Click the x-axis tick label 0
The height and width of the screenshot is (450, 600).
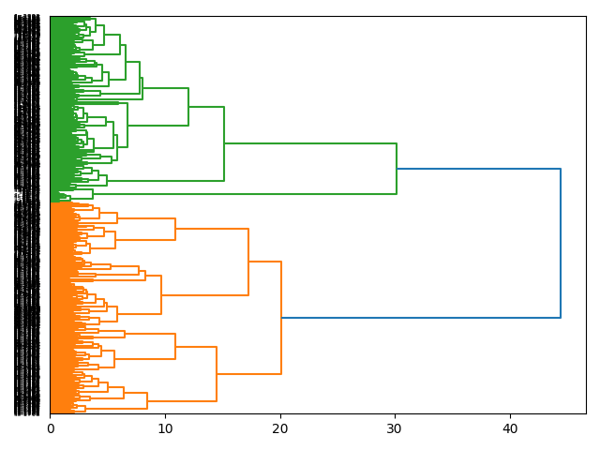point(51,429)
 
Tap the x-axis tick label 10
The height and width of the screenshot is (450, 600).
point(165,429)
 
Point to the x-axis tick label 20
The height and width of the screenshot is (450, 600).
point(280,429)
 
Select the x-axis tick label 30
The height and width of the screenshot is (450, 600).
point(396,429)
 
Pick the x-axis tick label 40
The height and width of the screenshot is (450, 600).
point(510,429)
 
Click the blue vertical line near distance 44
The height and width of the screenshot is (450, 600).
point(561,244)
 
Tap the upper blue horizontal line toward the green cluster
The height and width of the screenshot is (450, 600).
point(478,169)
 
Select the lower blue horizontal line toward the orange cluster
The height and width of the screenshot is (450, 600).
point(422,318)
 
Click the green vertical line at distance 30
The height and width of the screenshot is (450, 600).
point(397,169)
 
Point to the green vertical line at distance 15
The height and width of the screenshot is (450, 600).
point(224,143)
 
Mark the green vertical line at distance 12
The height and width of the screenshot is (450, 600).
point(188,106)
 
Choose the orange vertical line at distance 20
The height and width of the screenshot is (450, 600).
point(281,318)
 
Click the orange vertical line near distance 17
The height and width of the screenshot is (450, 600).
point(248,262)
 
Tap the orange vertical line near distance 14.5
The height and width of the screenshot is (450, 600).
point(217,374)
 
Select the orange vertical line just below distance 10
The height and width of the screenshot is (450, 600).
point(161,294)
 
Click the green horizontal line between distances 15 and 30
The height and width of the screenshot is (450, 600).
point(309,143)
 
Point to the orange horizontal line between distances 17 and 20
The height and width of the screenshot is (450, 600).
point(265,262)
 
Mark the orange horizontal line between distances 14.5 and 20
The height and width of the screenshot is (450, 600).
point(248,374)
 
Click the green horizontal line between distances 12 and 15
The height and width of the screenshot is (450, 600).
point(206,107)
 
